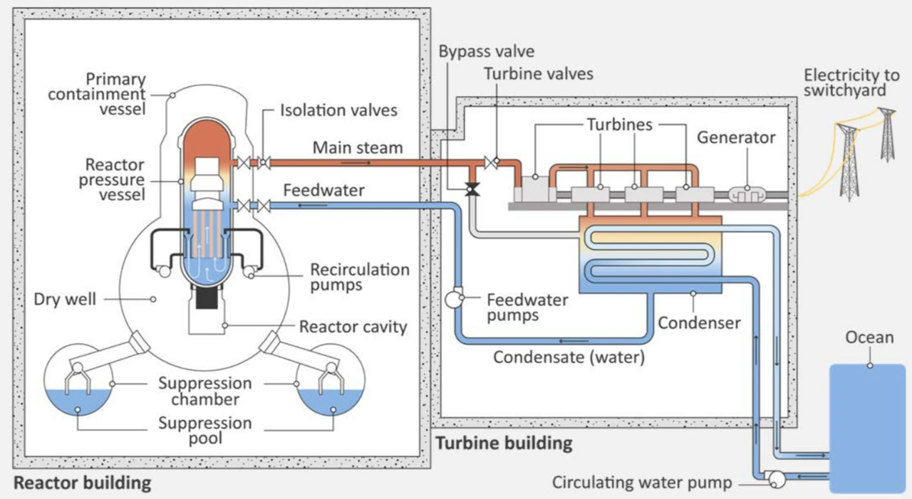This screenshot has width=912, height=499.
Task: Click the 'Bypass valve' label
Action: [486, 52]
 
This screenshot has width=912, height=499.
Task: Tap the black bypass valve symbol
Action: [471, 189]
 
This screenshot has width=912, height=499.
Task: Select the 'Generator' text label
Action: [736, 137]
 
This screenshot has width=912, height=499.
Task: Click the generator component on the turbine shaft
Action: [747, 194]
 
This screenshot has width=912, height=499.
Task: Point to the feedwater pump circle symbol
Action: [453, 299]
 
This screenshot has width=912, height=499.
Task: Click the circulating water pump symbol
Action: [775, 480]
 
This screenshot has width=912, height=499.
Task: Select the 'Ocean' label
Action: [869, 337]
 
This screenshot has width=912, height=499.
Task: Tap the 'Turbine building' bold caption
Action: [504, 443]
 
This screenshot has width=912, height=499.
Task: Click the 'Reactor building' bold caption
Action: [83, 483]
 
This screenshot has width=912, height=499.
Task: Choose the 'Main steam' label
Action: [358, 148]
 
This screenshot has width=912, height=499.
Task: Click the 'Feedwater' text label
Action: [323, 191]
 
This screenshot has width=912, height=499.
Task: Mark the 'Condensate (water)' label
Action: [569, 357]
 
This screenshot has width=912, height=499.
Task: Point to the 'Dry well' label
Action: [65, 299]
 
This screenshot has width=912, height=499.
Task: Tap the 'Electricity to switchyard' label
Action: [844, 83]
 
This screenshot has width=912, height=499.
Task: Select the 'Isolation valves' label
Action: [338, 110]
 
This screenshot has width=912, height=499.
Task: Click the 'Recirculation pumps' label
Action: [360, 277]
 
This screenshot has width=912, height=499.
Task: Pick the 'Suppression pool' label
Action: [205, 430]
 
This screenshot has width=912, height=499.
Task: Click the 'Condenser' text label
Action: [698, 323]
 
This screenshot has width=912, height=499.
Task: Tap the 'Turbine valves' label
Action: [538, 74]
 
